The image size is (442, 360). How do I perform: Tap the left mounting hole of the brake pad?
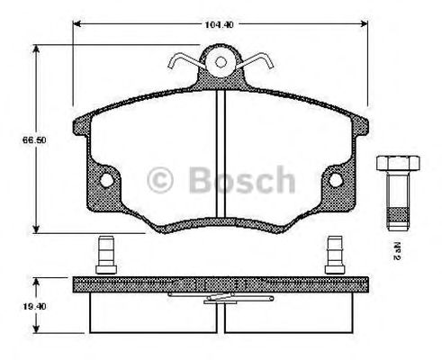click(x=107, y=180)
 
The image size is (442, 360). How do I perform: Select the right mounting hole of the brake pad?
click(x=335, y=180)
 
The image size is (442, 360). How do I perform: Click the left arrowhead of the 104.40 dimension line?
click(x=76, y=25)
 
